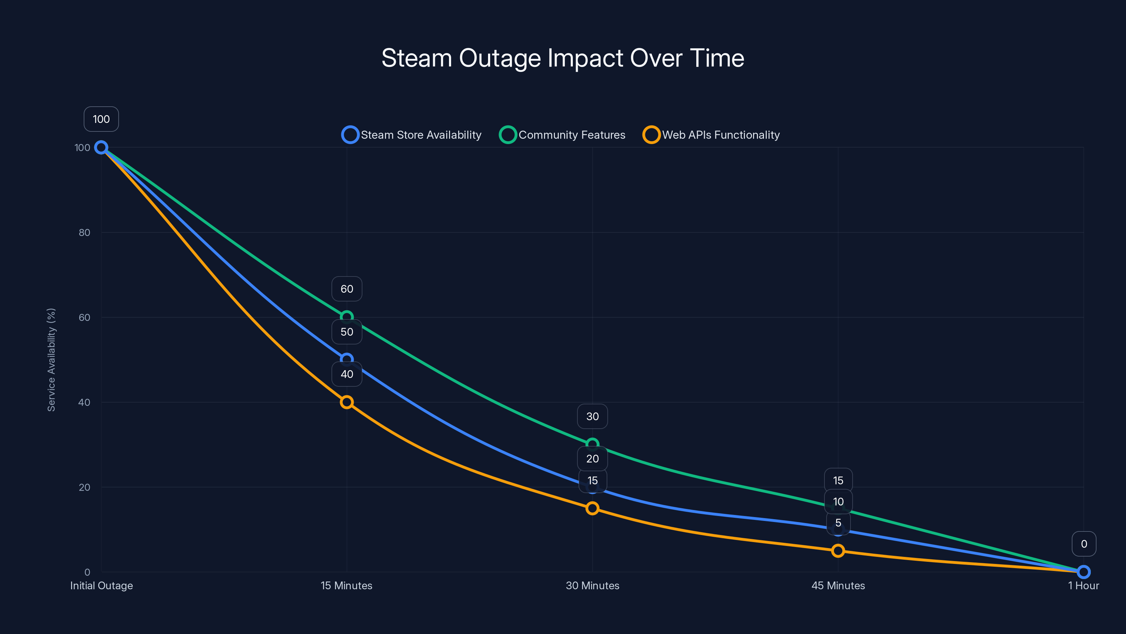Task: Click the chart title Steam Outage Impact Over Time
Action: coord(563,58)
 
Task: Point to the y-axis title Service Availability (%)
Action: coord(51,359)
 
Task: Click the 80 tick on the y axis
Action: coord(84,232)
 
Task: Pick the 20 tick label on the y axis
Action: coord(84,487)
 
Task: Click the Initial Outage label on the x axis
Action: coord(101,585)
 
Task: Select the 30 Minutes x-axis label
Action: coord(592,585)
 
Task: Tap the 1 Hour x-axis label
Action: coord(1083,585)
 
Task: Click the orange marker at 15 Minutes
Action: coord(347,402)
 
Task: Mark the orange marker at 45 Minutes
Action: coord(838,551)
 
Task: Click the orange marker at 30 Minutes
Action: coord(592,508)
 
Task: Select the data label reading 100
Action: coord(101,119)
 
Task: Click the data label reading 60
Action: coord(347,289)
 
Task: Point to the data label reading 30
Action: coord(592,416)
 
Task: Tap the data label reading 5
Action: coord(838,523)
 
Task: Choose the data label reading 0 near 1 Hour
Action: coord(1084,544)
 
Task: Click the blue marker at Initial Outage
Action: coord(101,148)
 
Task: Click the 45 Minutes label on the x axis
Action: coord(838,585)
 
